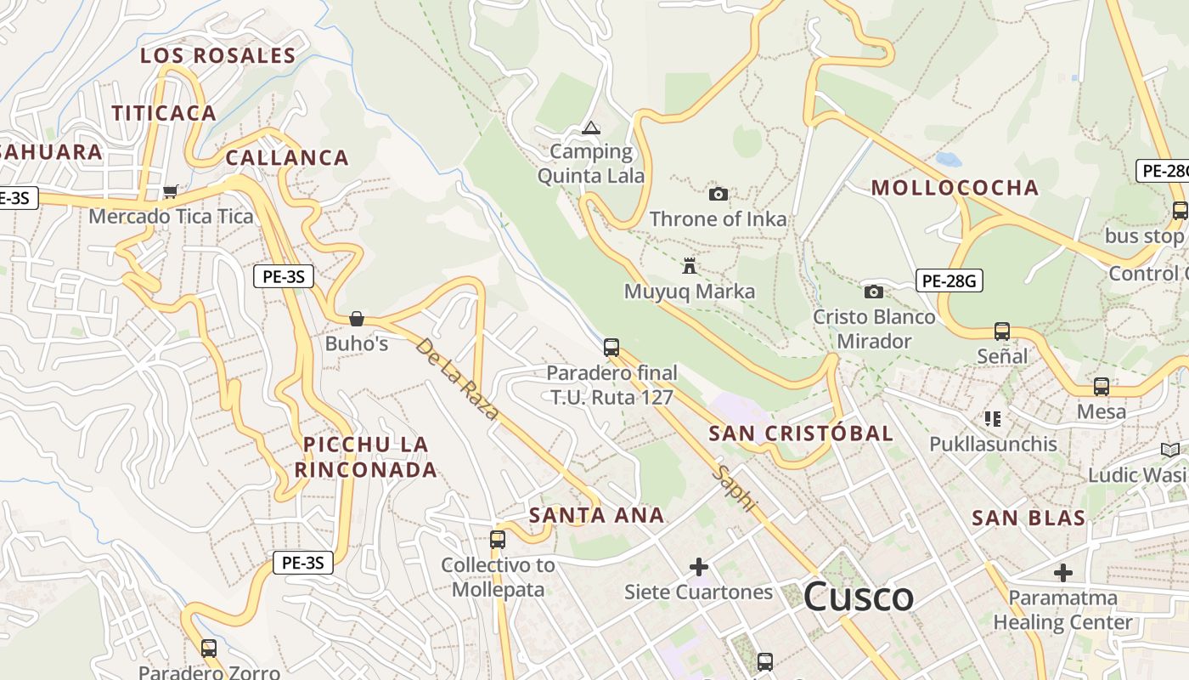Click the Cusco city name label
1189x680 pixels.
(x=858, y=597)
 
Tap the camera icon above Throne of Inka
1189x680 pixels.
(x=718, y=194)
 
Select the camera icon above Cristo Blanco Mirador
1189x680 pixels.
(x=873, y=292)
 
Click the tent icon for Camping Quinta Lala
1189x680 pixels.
(x=590, y=128)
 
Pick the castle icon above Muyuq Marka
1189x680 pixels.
(x=689, y=266)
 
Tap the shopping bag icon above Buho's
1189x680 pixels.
(x=357, y=319)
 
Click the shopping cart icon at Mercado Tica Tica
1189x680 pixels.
(x=170, y=191)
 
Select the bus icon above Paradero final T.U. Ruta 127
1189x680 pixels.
(x=611, y=347)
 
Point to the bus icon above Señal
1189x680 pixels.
(x=1002, y=331)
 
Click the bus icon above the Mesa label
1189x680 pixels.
(x=1102, y=386)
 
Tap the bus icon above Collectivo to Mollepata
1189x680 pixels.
(x=498, y=539)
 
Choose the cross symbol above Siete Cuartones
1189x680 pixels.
(x=699, y=566)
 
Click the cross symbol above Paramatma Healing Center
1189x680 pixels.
(x=1062, y=572)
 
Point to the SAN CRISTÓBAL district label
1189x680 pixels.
(x=801, y=433)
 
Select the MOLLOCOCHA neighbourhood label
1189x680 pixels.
(x=955, y=188)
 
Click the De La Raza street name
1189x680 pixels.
(x=457, y=379)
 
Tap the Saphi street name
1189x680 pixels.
(x=735, y=488)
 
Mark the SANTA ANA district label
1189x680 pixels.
(x=596, y=515)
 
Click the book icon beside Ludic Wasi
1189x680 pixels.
(x=1169, y=450)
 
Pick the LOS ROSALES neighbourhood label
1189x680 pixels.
(x=217, y=56)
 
